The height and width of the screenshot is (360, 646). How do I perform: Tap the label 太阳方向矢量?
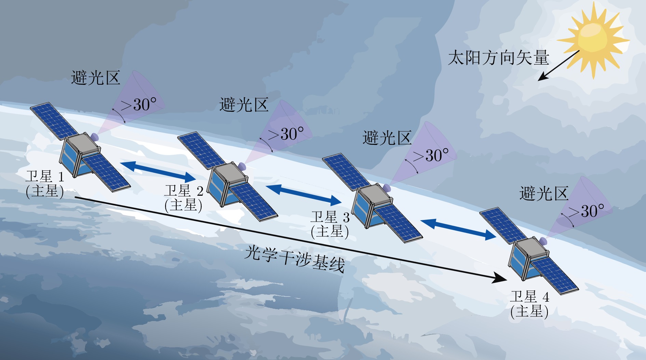pyautogui.click(x=498, y=57)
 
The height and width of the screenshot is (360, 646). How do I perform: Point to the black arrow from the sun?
pyautogui.click(x=558, y=66)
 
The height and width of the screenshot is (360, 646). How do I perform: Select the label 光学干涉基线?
pyautogui.click(x=295, y=259)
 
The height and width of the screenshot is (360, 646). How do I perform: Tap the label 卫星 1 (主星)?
pyautogui.click(x=45, y=184)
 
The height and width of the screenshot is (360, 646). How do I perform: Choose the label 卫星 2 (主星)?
pyautogui.click(x=184, y=198)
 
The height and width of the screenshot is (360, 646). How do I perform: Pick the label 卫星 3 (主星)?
pyautogui.click(x=330, y=224)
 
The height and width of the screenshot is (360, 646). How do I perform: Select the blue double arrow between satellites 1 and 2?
pyautogui.click(x=158, y=172)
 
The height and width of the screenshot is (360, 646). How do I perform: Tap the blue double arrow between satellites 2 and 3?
pyautogui.click(x=304, y=195)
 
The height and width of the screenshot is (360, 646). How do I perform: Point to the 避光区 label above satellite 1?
pyautogui.click(x=95, y=78)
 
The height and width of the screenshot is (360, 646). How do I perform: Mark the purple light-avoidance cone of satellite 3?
pyautogui.click(x=427, y=152)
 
